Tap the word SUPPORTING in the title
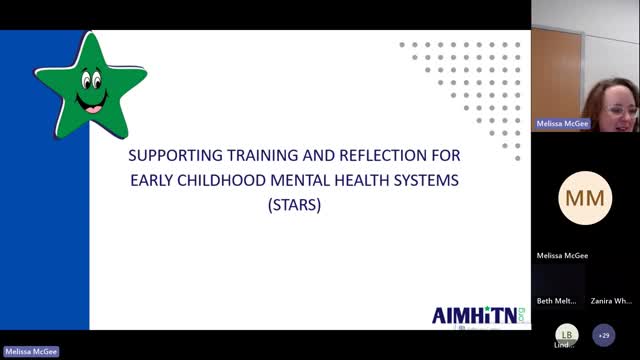click(x=177, y=157)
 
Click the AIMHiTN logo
click(x=475, y=314)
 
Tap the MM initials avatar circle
click(x=585, y=197)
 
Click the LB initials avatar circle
click(x=567, y=334)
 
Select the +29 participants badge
click(x=604, y=334)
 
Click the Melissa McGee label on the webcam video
click(x=562, y=124)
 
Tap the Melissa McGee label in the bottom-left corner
click(x=31, y=352)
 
